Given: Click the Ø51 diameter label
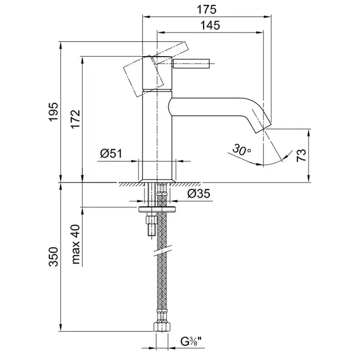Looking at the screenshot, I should pyautogui.click(x=111, y=153).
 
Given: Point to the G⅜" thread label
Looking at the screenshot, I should pyautogui.click(x=190, y=340).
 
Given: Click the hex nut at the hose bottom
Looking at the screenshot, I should pyautogui.click(x=161, y=326).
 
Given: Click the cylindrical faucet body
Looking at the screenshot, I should pyautogui.click(x=156, y=134).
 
